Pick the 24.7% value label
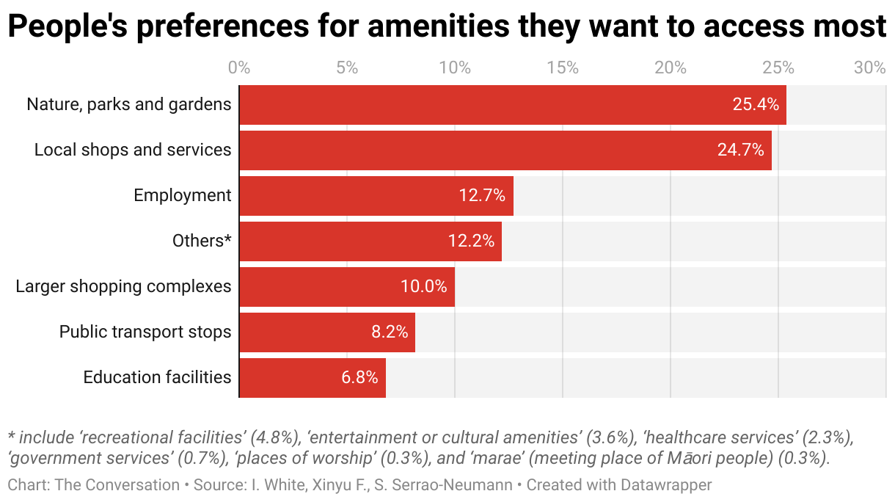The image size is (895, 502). [740, 150]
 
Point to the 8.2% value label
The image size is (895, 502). [390, 332]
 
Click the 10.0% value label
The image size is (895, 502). [423, 287]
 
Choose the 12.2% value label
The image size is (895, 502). [470, 241]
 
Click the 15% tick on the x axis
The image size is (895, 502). [563, 68]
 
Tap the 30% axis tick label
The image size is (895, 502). [870, 68]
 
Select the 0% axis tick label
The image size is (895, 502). [239, 68]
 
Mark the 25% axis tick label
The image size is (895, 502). [778, 68]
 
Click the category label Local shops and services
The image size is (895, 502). [133, 150]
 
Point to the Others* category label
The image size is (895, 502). [202, 241]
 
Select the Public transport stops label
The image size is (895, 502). [145, 332]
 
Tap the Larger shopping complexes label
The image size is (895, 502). [123, 287]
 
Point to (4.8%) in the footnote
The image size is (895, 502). [275, 438]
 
